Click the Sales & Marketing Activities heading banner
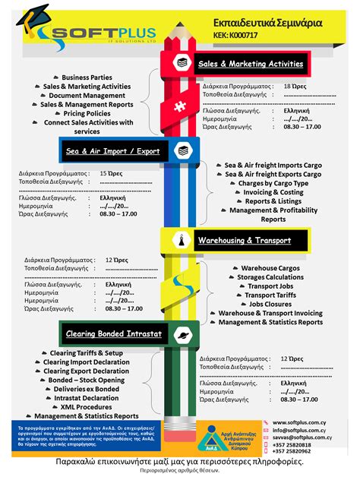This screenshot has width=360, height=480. point(251,64)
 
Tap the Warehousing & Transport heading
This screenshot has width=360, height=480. point(244,240)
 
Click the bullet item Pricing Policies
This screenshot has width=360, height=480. point(87,113)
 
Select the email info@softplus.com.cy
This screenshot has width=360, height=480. point(301,431)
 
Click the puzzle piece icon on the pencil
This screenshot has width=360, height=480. point(180,107)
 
